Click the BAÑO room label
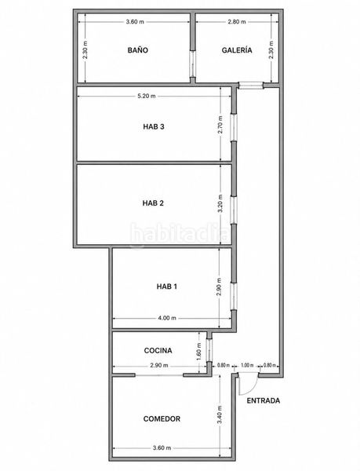tap(138, 50)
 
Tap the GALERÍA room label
tap(237, 50)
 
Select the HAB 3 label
tap(153, 126)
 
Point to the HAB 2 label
tap(153, 203)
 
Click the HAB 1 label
tap(167, 287)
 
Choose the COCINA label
tap(158, 350)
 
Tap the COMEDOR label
tap(162, 418)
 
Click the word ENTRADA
tap(263, 400)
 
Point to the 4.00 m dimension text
tap(167, 318)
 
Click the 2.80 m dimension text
tap(237, 22)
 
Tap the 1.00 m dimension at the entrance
tap(247, 366)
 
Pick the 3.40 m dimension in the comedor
tap(220, 414)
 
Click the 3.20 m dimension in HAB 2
tap(220, 203)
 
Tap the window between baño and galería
tap(193, 64)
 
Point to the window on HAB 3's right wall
tap(234, 127)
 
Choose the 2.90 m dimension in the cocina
tap(159, 366)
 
